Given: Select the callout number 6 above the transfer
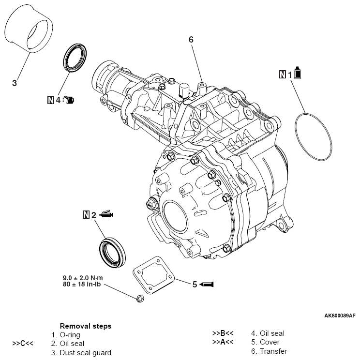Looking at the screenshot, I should [191, 40].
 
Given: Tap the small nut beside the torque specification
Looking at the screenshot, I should [140, 298].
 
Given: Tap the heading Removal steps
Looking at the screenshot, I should [85, 326].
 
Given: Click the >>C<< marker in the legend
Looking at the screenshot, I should [23, 343].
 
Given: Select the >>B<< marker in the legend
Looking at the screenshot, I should [223, 333].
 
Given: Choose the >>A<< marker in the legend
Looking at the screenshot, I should [223, 342].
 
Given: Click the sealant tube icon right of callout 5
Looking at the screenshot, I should [207, 284].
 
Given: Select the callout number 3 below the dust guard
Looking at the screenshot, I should [15, 83].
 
